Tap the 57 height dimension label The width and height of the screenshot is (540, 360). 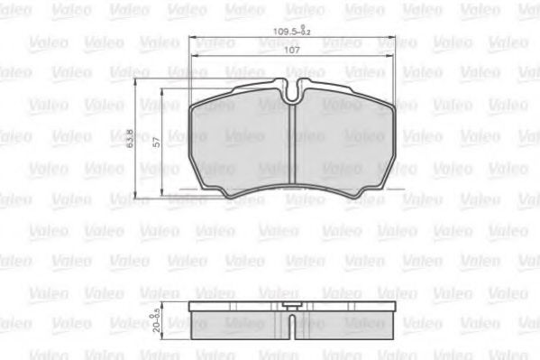pyautogui.click(x=157, y=142)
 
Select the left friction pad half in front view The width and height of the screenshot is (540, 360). pyautogui.click(x=242, y=144)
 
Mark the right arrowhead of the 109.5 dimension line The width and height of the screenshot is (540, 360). pyautogui.click(x=393, y=38)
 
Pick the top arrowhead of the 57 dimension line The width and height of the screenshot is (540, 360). pyautogui.click(x=161, y=91)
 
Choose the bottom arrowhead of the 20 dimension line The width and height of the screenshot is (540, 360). pyautogui.click(x=161, y=333)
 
